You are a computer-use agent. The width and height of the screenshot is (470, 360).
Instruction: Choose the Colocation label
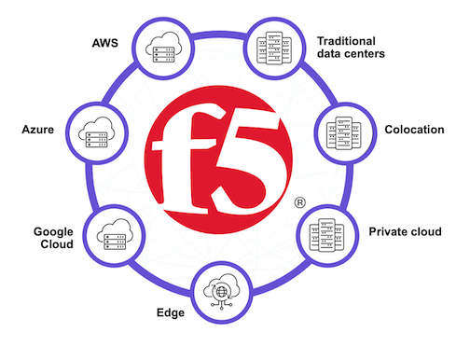click(413, 130)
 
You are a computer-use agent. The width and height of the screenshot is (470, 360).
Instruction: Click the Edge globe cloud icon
click(224, 291)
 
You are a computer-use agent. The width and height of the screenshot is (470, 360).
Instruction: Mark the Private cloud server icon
click(327, 232)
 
